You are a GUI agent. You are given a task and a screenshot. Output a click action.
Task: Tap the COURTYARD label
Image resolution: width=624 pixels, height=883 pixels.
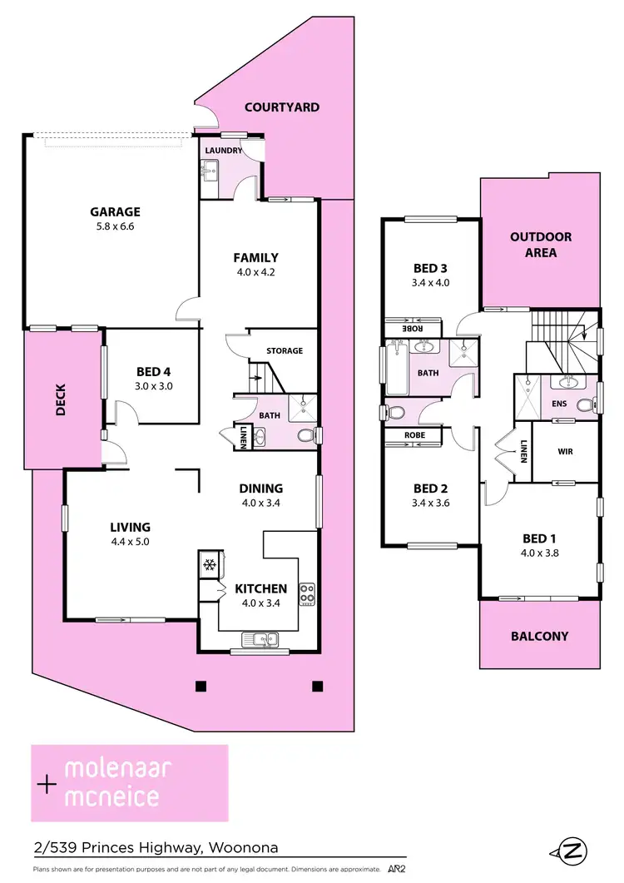[x=282, y=107]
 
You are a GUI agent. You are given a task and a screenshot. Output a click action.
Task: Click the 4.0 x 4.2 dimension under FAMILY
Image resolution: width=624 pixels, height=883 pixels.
[x=255, y=271]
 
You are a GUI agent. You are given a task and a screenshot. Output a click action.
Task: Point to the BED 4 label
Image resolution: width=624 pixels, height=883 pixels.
[x=152, y=371]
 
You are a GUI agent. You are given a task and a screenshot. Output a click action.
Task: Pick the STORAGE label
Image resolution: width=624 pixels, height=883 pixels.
[x=285, y=351]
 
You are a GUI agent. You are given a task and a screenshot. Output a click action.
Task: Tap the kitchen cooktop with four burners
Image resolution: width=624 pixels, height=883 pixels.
[x=307, y=594]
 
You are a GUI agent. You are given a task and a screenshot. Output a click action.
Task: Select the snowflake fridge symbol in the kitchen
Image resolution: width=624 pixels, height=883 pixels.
[x=210, y=565]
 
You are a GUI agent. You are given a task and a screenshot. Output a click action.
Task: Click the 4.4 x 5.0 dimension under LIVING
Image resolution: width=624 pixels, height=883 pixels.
[x=130, y=541]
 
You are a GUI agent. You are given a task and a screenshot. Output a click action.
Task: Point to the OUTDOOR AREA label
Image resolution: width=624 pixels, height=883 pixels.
[x=540, y=245]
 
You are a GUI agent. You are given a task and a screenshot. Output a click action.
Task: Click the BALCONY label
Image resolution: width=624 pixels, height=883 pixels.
[x=540, y=636]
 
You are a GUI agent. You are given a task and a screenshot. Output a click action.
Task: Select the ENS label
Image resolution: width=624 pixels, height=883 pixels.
[x=559, y=404]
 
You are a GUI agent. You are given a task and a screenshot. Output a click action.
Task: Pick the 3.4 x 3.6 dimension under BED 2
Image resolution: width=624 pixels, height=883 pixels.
[x=430, y=502]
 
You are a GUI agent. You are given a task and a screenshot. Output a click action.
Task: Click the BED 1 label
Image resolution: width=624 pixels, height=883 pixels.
[x=537, y=538]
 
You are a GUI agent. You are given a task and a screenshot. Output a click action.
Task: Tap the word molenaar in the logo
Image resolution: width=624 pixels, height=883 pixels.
[x=117, y=768]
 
